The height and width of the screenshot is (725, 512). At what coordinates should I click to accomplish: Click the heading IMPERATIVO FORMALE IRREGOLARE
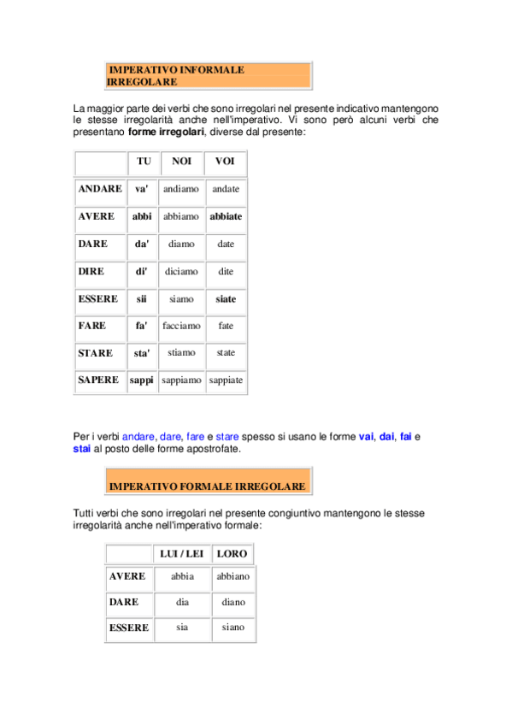(207, 486)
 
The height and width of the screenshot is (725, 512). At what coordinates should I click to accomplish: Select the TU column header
(143, 162)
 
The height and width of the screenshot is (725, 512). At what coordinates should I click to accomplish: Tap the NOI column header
(181, 162)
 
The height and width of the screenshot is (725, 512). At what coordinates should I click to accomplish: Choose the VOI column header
(225, 162)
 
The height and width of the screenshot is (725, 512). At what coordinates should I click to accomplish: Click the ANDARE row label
(99, 189)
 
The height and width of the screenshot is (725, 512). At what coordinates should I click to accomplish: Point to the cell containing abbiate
(226, 216)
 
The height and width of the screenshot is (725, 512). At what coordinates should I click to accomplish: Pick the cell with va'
(142, 189)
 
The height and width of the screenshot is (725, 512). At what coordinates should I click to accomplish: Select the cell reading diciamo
(181, 271)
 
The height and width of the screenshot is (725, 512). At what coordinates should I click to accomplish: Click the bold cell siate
(226, 299)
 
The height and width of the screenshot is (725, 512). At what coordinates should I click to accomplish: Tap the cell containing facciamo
(181, 326)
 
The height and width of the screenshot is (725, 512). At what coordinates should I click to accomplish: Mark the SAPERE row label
(98, 380)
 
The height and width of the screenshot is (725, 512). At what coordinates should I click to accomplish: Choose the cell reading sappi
(142, 380)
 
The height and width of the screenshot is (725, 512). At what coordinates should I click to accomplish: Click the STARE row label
(95, 352)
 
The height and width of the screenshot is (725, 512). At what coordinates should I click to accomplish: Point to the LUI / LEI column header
(182, 554)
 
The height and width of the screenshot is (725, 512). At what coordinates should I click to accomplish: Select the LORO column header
(232, 554)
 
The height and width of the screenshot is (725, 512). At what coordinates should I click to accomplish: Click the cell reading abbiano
(233, 576)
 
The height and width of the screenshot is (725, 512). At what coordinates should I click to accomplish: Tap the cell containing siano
(233, 627)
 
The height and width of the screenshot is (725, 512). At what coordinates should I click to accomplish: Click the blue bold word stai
(82, 448)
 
